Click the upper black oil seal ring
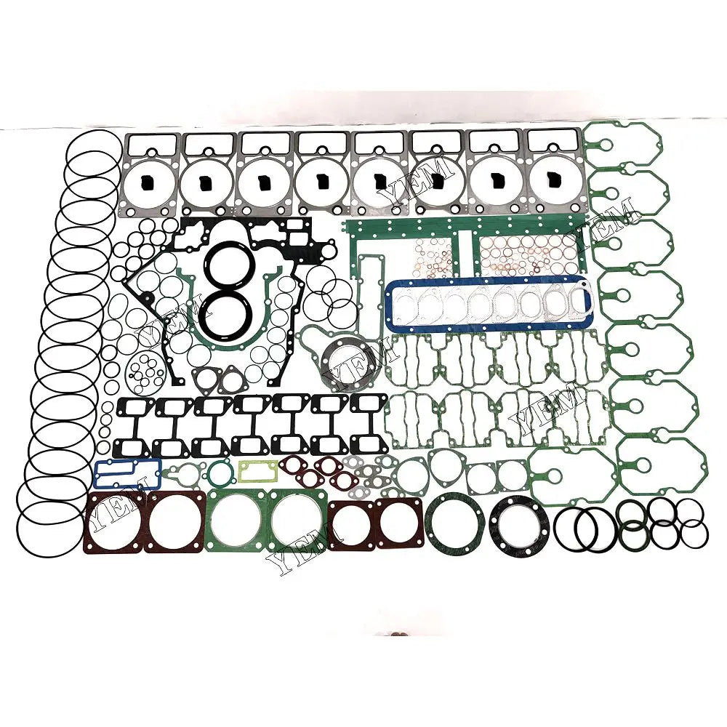click(x=225, y=260)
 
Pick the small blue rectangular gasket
click(x=127, y=473)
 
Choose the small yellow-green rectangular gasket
click(x=257, y=471)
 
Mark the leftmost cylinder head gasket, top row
click(x=151, y=174)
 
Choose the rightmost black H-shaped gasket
click(x=369, y=425)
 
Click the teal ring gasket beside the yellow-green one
click(x=217, y=474)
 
